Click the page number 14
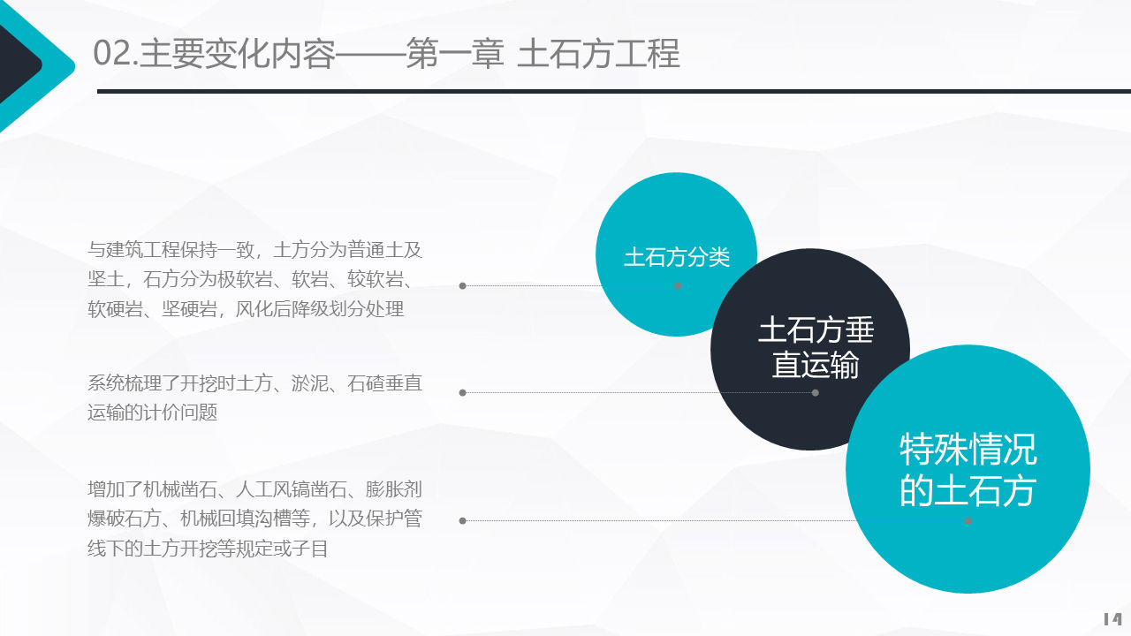point(1112,619)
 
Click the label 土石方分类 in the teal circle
point(677,257)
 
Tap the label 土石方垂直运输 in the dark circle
point(815,347)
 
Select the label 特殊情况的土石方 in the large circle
point(968,469)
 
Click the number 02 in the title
point(112,54)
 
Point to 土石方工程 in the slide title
point(598,54)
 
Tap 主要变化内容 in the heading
point(238,54)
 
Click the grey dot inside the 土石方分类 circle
point(678,285)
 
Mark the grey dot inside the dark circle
point(815,392)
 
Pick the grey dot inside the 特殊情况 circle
point(968,521)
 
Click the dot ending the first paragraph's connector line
point(462,285)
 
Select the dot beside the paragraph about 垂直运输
point(462,392)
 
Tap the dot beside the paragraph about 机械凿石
point(462,521)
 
